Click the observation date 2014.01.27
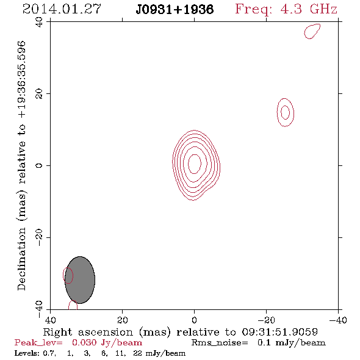pos(62,9)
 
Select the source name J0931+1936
pos(175,10)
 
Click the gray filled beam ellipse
pos(80,280)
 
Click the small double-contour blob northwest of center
pos(286,112)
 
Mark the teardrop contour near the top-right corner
pos(312,31)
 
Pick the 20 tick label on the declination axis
pos(39,94)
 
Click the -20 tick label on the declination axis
pos(39,237)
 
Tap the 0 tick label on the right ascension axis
pos(194,320)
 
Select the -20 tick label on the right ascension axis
pos(266,320)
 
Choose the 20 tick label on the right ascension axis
pos(123,320)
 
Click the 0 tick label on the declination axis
pos(39,165)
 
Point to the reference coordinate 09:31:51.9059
pos(279,332)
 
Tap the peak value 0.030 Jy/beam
pos(107,343)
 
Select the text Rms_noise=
pos(220,343)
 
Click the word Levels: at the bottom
pos(27,353)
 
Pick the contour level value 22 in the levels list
pos(137,353)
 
